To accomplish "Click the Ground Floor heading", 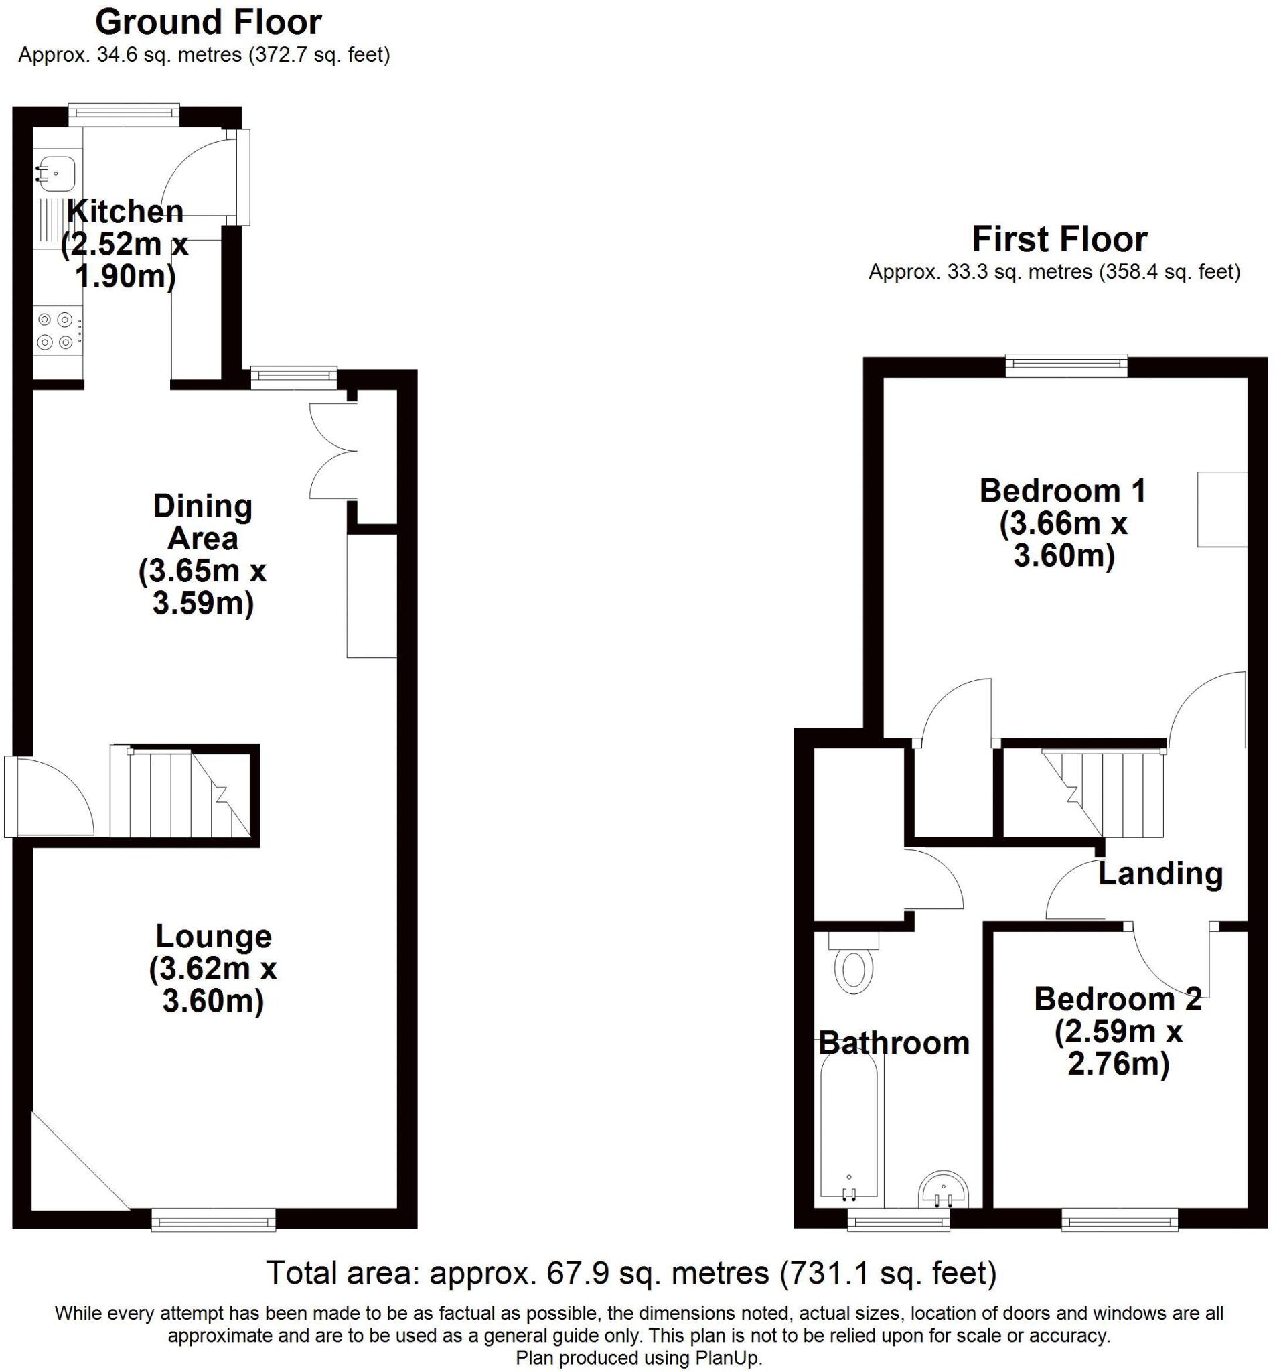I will [208, 23].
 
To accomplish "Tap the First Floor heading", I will [1058, 239].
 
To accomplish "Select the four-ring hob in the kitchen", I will [56, 330].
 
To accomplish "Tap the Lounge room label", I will [213, 936].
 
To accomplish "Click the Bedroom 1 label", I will [1063, 490].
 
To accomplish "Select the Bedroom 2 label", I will [1117, 1000].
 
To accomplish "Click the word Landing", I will [1160, 874].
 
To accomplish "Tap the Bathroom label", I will [893, 1043].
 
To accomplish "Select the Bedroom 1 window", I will [1065, 365].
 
